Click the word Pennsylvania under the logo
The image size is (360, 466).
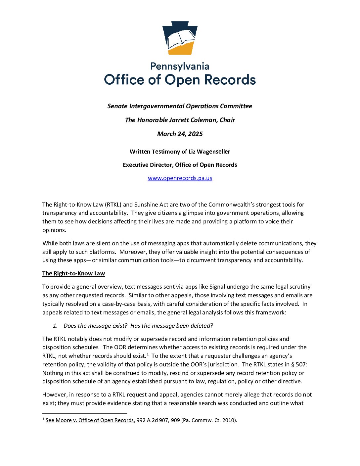(x=180, y=67)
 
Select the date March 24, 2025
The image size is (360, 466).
(x=180, y=134)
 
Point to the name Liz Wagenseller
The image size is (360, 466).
(x=209, y=152)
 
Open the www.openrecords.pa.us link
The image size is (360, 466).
(x=180, y=178)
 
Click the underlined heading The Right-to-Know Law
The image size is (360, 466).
(x=73, y=273)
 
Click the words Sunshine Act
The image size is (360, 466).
(x=151, y=205)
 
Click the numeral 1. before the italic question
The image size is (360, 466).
(x=55, y=326)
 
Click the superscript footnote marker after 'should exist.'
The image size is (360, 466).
(x=147, y=354)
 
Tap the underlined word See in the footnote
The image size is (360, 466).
(x=50, y=420)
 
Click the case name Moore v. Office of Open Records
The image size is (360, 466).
(x=95, y=420)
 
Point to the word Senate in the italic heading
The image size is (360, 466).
(x=117, y=106)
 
